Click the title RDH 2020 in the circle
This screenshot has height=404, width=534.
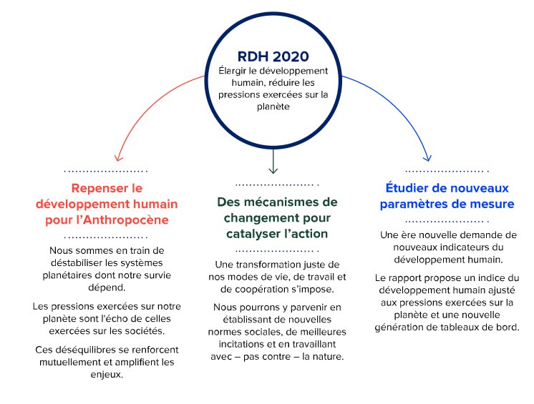(x=273, y=56)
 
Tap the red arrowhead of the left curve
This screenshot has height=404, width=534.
(x=118, y=157)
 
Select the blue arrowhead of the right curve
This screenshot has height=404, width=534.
(x=427, y=157)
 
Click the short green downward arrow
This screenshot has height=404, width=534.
(x=273, y=162)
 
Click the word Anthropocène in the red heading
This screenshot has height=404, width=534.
(x=126, y=220)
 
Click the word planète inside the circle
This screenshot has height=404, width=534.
(x=273, y=107)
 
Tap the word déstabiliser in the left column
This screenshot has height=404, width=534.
(x=77, y=263)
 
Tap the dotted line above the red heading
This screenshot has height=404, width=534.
(x=105, y=171)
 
